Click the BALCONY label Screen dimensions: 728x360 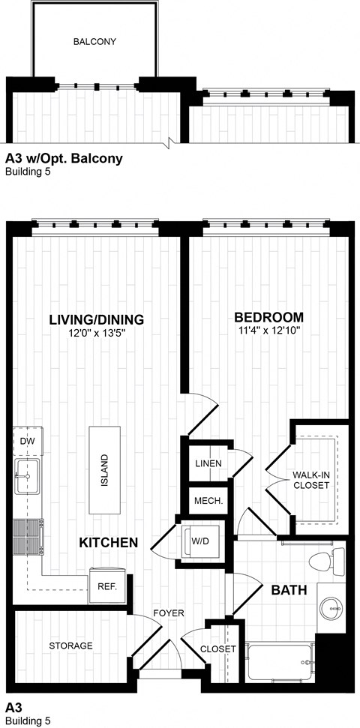94,42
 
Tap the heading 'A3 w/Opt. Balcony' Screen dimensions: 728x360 64,159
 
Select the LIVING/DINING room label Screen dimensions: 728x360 96,319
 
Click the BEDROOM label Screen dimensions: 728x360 268,317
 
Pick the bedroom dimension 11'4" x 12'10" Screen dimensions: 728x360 268,331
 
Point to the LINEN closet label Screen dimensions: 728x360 208,463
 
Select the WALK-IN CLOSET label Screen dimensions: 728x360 310,480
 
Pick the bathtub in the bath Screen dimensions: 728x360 279,662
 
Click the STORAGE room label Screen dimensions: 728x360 71,646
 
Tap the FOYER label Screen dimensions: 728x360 169,613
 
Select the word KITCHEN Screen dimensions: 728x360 108,542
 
